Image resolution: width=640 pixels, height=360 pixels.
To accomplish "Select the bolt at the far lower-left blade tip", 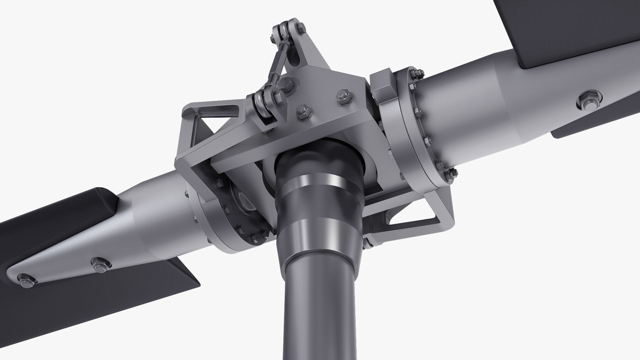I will (26, 279).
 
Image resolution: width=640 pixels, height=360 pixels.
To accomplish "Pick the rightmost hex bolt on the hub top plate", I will (342, 97).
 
